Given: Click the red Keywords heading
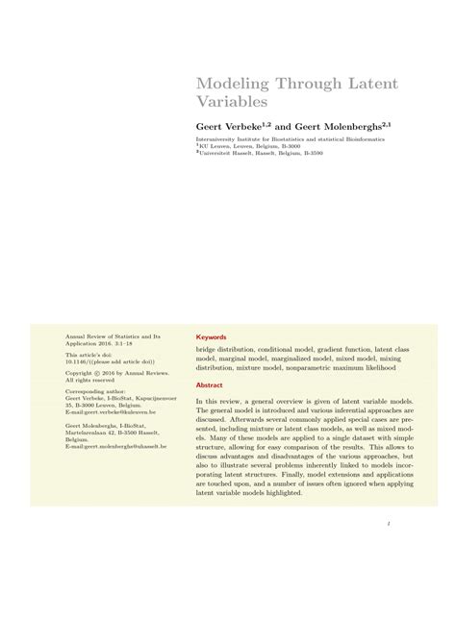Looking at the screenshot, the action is [x=212, y=337].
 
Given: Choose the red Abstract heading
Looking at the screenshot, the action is [x=210, y=384].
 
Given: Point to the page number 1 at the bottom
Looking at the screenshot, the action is [x=385, y=525].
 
